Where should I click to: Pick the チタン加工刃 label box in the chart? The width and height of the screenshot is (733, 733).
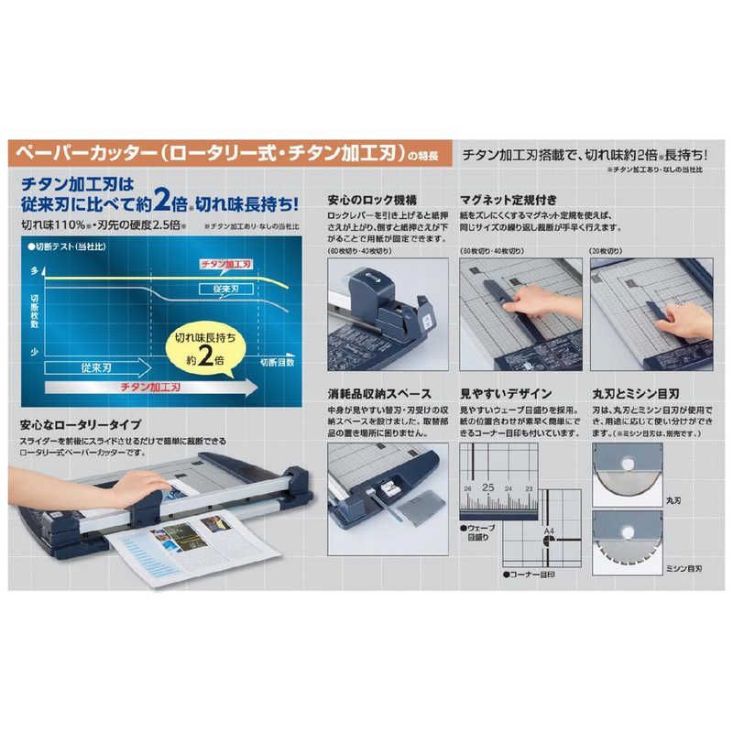click(225, 264)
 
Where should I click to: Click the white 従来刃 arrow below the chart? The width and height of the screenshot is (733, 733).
click(97, 367)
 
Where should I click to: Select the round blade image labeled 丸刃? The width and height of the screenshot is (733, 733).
click(626, 475)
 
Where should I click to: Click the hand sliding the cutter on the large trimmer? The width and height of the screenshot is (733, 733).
click(137, 488)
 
